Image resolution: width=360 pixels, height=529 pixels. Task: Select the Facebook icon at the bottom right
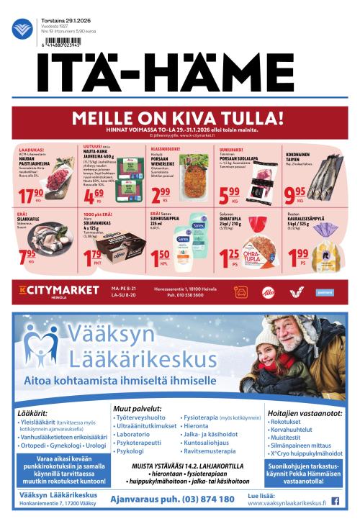tap(335, 501)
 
